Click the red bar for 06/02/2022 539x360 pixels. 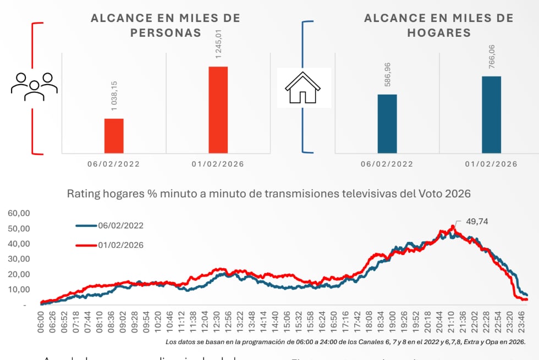[x=114, y=136]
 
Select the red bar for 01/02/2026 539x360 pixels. [x=218, y=110]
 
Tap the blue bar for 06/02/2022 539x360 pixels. [x=387, y=124]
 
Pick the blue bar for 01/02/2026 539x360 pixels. [x=491, y=114]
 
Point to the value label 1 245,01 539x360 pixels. [x=218, y=43]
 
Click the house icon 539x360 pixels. [x=302, y=88]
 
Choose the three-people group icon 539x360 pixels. [x=34, y=86]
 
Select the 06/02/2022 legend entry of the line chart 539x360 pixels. [x=109, y=225]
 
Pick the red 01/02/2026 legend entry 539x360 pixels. [x=109, y=245]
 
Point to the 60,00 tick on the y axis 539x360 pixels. [x=19, y=213]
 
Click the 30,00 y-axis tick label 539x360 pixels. [x=19, y=259]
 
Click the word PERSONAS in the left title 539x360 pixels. [x=166, y=32]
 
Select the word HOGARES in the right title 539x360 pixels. [x=439, y=32]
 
